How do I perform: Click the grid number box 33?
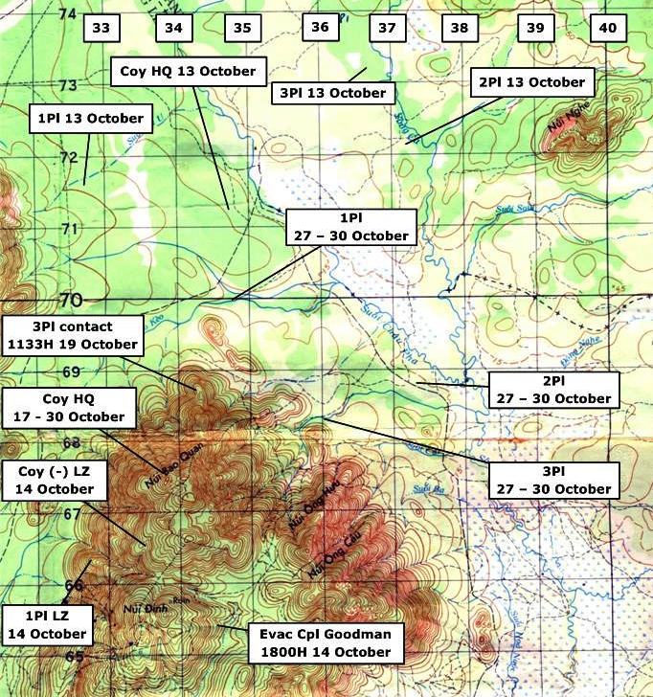tap(101, 29)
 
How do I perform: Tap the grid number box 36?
tap(320, 28)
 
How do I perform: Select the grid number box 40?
tap(607, 29)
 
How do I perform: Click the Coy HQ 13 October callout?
tap(189, 72)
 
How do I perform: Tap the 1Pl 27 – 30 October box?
tap(351, 227)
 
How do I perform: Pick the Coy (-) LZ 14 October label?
tap(54, 480)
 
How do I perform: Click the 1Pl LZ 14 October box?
tap(47, 624)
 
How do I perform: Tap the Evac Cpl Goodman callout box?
tap(325, 642)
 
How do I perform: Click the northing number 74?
tap(67, 14)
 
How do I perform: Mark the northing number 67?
tap(72, 514)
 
